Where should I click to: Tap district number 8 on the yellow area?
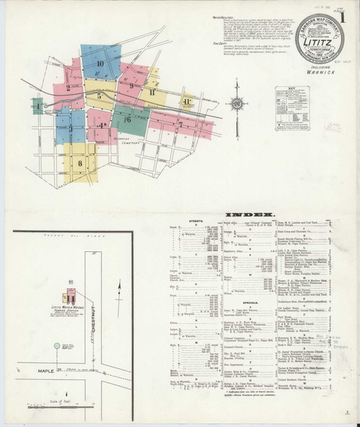(80, 163)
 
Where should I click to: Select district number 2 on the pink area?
(68, 88)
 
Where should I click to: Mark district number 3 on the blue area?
(70, 129)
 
